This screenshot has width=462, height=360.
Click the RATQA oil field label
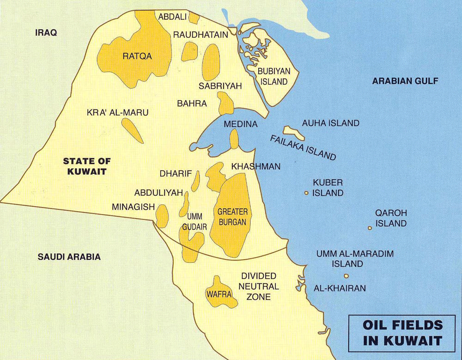137,56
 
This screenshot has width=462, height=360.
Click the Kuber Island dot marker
306,193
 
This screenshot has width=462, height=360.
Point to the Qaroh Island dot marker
370,228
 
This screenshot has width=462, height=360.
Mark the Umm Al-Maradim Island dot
346,276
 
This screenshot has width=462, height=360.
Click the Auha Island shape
294,133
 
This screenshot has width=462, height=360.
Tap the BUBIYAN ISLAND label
273,77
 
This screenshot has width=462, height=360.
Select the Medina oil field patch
234,139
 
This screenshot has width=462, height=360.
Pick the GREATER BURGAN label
232,217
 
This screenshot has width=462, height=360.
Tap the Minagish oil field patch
162,216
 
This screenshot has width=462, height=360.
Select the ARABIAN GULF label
405,81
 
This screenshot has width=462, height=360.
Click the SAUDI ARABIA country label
69,257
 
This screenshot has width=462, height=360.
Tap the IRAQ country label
46,33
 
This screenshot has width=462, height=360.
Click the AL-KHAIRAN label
340,288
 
